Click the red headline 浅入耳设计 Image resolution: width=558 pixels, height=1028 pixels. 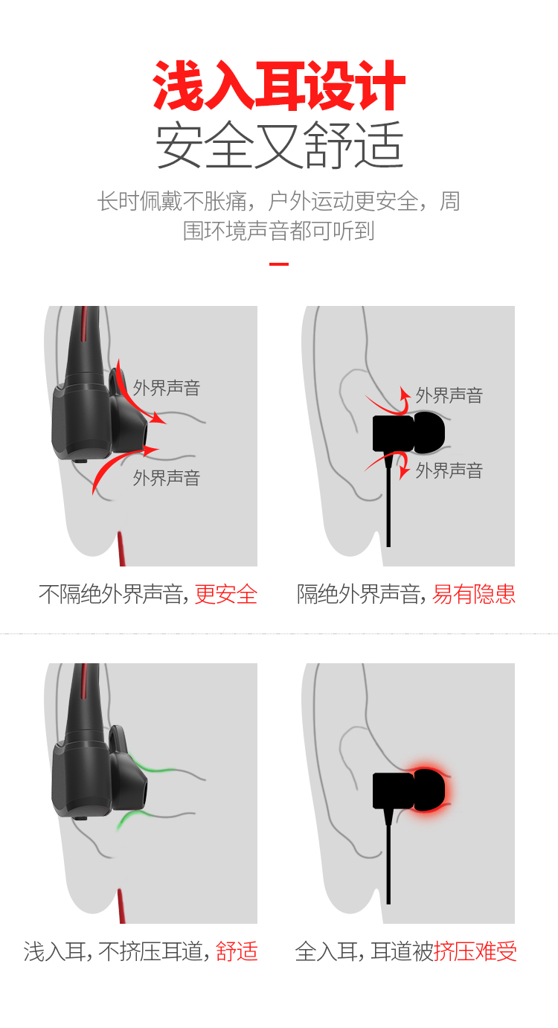tap(279, 86)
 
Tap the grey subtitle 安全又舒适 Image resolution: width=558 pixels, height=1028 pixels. tap(279, 145)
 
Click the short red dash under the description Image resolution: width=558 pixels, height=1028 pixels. tap(279, 264)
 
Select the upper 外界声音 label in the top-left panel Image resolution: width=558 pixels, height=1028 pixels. tap(167, 389)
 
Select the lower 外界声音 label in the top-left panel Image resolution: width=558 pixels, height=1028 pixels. tap(167, 478)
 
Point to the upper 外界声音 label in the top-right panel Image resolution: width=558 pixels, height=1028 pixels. tap(449, 395)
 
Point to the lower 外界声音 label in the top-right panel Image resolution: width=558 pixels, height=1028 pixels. tap(449, 471)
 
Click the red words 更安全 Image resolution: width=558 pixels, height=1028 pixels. tap(226, 594)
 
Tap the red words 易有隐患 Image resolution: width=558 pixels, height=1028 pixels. tap(474, 594)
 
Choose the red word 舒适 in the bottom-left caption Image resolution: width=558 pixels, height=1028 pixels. tap(237, 951)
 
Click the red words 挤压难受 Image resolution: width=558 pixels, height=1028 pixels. tap(475, 951)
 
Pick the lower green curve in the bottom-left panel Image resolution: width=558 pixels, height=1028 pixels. tap(138, 816)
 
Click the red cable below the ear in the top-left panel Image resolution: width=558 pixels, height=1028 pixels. tap(121, 549)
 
